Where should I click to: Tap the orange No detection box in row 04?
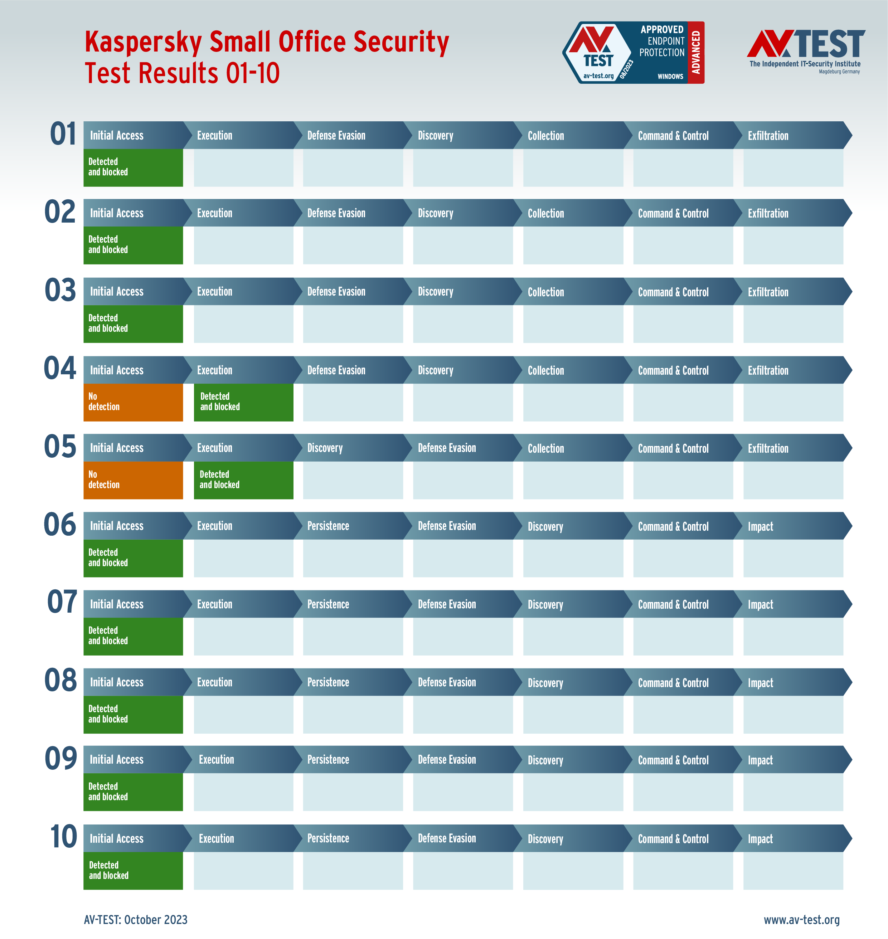(133, 402)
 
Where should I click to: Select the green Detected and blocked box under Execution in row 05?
(243, 480)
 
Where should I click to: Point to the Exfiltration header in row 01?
(768, 136)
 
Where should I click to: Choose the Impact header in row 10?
(760, 839)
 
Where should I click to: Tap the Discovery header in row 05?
(325, 448)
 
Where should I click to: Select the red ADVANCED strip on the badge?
(696, 53)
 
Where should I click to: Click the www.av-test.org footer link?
(801, 920)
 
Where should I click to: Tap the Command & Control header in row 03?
(673, 292)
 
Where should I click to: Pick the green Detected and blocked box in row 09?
(133, 792)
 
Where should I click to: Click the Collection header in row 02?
(546, 213)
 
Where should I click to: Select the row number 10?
(63, 837)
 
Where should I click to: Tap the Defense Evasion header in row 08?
(446, 682)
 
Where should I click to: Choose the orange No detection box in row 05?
(133, 480)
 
